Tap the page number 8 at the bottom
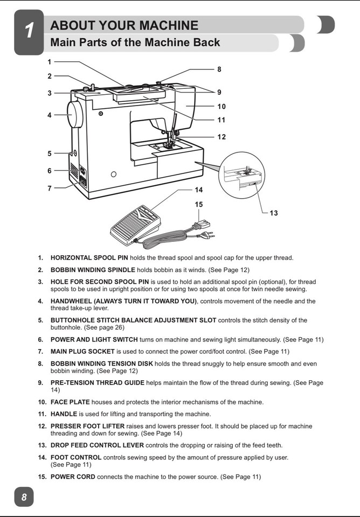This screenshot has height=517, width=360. (x=24, y=497)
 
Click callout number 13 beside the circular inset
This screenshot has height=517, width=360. (x=274, y=213)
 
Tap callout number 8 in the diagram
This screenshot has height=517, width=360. (x=219, y=69)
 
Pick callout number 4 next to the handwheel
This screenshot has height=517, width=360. (x=50, y=115)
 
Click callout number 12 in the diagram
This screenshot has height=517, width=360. (x=221, y=137)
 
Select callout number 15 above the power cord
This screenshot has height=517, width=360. (x=199, y=204)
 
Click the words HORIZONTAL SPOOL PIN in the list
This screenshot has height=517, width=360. (x=89, y=257)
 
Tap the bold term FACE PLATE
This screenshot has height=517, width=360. (x=70, y=402)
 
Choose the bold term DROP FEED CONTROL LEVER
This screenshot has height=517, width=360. (x=97, y=445)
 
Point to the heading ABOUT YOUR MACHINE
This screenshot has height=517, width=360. (x=124, y=25)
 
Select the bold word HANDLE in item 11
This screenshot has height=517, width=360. (x=64, y=414)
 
